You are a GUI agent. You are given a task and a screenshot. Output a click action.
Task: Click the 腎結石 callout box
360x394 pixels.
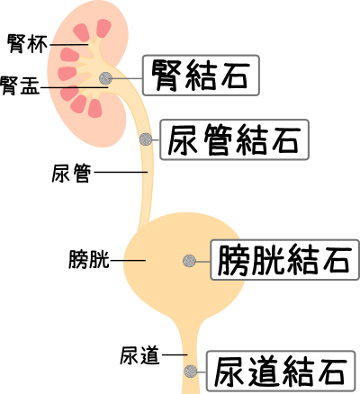pos(201,76)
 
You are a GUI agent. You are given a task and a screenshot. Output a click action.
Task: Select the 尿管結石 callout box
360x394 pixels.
pos(234,139)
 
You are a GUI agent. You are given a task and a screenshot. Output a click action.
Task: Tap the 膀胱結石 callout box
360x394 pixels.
pos(284,260)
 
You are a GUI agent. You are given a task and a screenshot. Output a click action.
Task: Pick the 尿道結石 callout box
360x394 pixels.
pos(281,371)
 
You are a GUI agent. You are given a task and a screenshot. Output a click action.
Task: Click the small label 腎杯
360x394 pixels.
pos(27,44)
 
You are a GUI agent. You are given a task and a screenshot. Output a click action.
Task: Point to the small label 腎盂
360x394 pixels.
pos(20,85)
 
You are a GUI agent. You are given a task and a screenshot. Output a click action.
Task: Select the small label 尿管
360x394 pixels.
pos(71,173)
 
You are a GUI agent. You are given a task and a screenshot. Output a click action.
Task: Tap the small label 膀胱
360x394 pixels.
pos(89,259)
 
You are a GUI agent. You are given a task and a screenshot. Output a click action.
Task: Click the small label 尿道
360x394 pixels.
pos(139,355)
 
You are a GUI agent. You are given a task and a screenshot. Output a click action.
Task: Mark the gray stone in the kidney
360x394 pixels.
pos(105,78)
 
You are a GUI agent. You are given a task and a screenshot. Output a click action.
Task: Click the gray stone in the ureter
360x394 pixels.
pos(146,139)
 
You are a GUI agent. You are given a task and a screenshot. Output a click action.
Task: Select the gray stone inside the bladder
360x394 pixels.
pos(189,261)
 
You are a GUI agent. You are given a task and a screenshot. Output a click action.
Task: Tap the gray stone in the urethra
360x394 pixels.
pos(191,372)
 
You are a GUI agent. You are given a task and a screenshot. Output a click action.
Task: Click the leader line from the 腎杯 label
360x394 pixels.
pos(69,45)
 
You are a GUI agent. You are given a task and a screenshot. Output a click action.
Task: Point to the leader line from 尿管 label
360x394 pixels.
pos(121,172)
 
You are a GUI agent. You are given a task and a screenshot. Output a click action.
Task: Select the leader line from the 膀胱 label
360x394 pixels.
pos(128,260)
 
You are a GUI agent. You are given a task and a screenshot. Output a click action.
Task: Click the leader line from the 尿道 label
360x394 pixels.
pos(175,355)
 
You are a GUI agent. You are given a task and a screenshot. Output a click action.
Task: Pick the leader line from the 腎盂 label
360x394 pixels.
pos(74,88)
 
